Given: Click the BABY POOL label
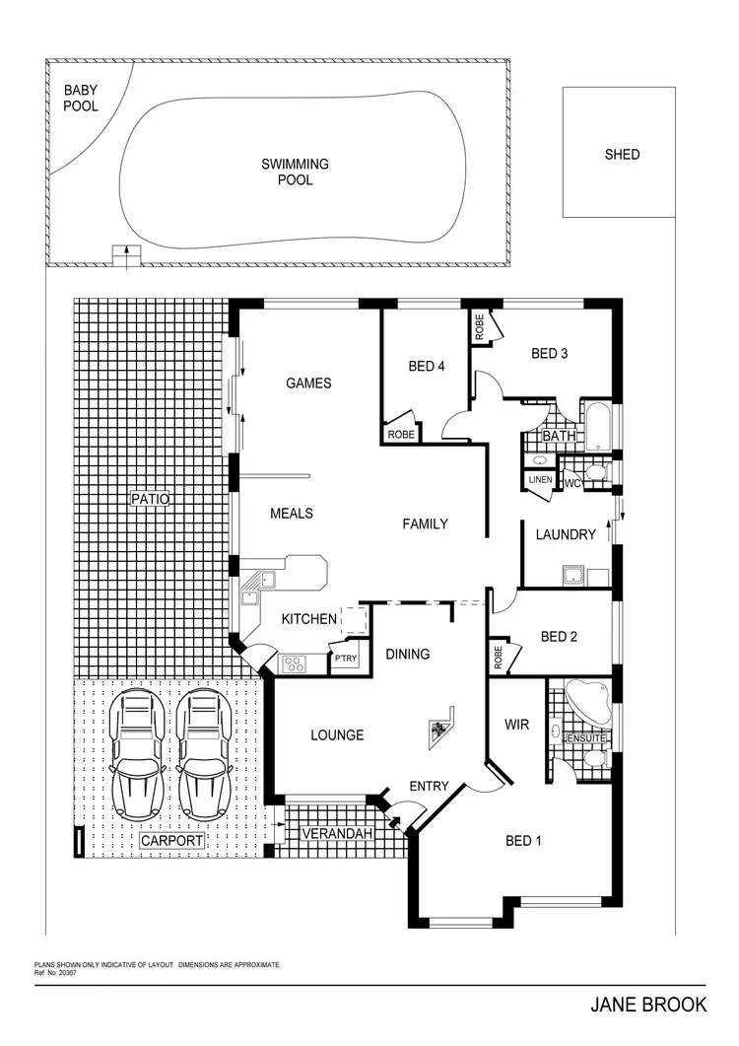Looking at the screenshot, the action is coord(81,98).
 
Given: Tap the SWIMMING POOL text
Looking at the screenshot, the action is coord(295,172).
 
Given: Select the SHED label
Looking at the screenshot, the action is coord(622,154).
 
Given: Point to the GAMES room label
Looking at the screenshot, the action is coord(308,383).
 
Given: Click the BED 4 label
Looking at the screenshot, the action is coord(427,367).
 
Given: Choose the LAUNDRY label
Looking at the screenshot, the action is coord(566,534).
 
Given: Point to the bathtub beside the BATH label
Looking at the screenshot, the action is coord(598,425).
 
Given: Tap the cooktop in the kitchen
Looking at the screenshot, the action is coord(294,663).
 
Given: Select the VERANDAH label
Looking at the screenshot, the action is coord(338,834).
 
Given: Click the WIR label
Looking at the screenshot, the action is coord(517,725).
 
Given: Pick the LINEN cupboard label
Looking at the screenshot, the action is coord(540,479).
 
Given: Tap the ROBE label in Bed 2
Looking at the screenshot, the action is coord(496,657).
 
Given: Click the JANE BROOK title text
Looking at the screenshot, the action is coord(648,1006).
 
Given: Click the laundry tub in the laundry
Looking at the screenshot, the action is coord(572,575).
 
